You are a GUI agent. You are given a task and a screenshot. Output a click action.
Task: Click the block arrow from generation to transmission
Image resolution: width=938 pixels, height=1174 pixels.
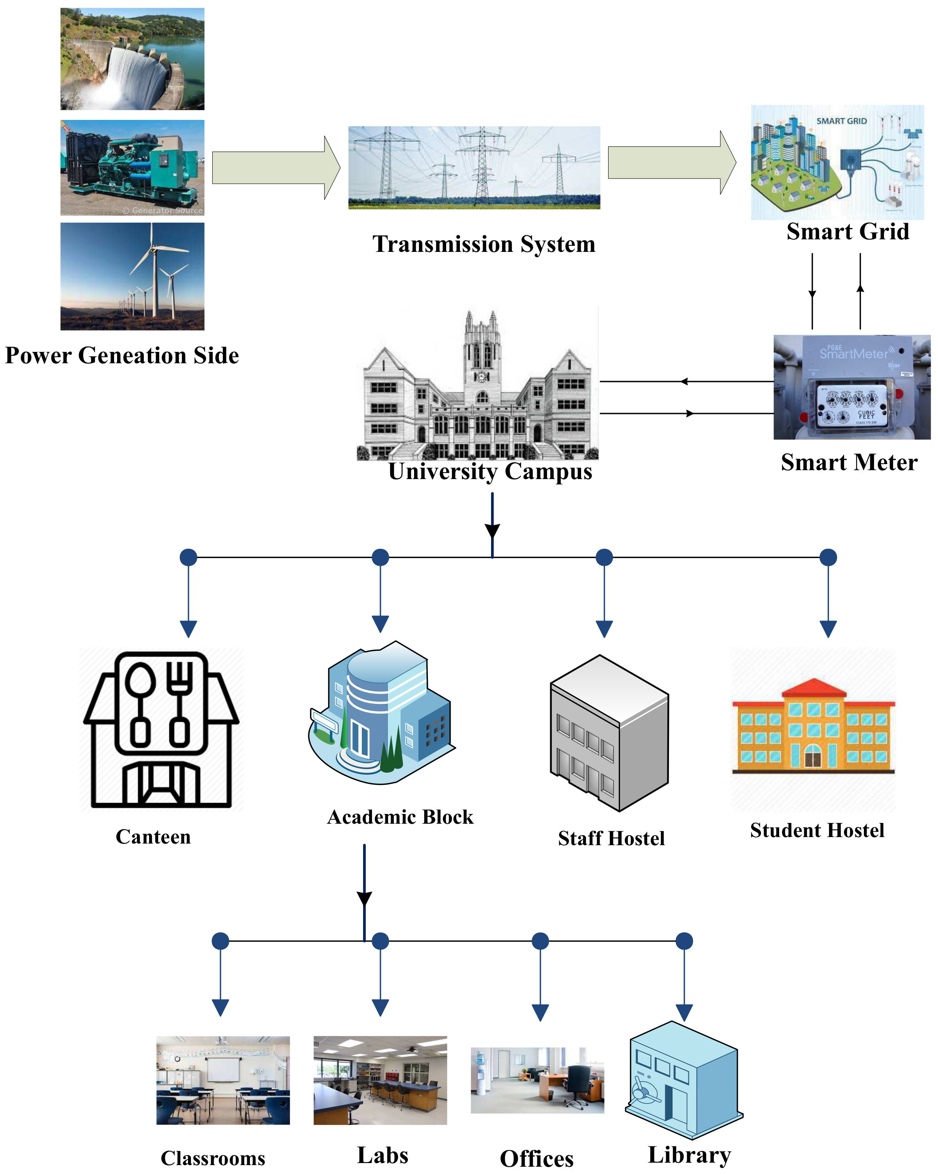click(275, 168)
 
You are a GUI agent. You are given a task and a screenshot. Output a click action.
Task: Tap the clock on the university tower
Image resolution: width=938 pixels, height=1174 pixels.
click(481, 376)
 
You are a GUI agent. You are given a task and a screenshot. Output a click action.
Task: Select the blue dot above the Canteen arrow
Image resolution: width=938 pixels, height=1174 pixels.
click(188, 557)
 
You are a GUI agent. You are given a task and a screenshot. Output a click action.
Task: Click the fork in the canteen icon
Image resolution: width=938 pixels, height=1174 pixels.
click(179, 703)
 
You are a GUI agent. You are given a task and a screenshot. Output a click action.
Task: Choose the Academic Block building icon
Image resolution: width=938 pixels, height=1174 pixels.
click(381, 713)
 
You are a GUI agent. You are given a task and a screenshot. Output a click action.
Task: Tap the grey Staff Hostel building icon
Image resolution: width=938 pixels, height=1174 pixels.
click(609, 733)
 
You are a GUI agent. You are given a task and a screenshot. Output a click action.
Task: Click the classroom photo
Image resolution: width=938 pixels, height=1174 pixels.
click(223, 1080)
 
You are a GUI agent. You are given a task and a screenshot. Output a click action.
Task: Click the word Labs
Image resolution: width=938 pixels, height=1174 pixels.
click(382, 1155)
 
